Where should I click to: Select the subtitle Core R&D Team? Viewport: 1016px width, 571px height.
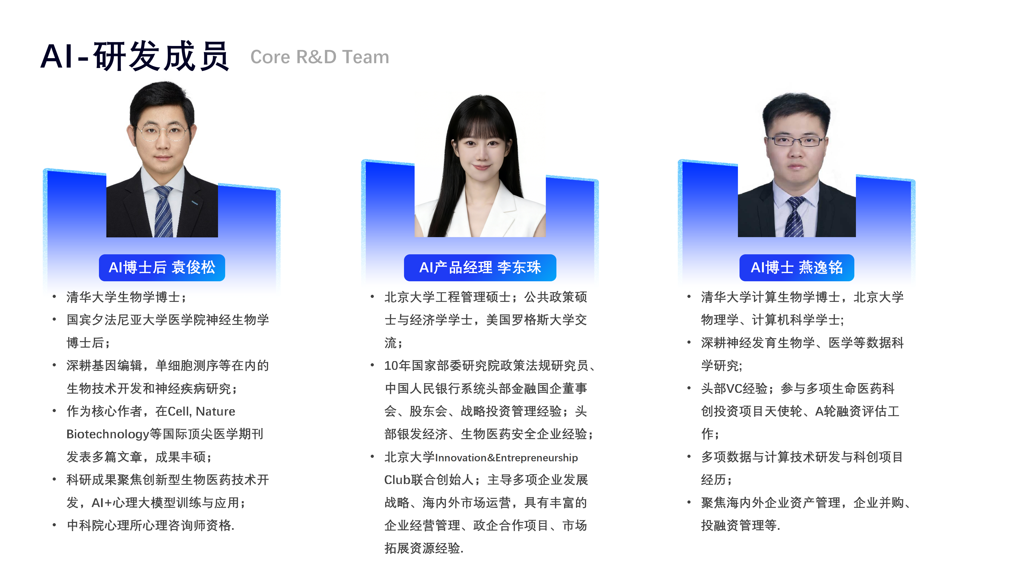click(x=319, y=57)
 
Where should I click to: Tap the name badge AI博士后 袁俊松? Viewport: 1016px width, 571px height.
click(x=162, y=268)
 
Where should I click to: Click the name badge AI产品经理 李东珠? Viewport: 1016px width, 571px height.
click(x=480, y=268)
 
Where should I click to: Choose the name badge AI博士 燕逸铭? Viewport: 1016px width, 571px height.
click(x=797, y=268)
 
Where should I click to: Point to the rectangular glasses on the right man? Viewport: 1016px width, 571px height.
click(x=795, y=141)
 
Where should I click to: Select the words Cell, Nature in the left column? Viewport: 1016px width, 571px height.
click(x=201, y=411)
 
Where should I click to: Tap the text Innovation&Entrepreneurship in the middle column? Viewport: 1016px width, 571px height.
click(x=506, y=458)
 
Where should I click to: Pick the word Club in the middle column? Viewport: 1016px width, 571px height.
click(x=397, y=480)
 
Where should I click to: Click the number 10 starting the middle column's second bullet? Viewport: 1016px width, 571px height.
click(x=391, y=366)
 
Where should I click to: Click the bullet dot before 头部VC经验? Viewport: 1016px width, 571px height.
click(x=689, y=389)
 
